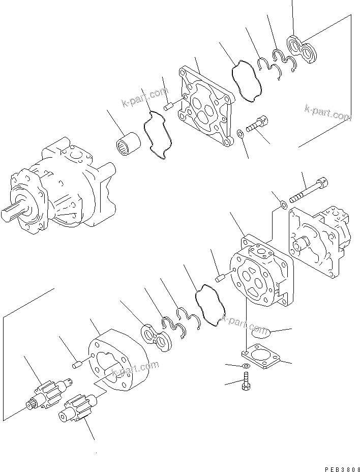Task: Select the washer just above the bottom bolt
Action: [246, 366]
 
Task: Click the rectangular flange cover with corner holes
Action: [261, 357]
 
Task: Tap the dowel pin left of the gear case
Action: [77, 364]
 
